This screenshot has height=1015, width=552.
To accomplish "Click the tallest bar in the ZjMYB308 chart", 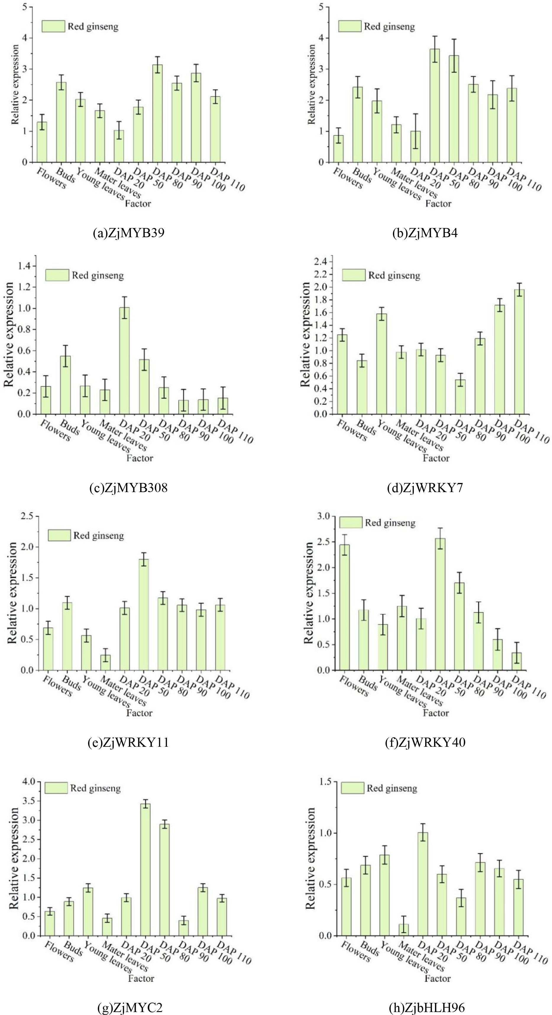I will [x=124, y=361].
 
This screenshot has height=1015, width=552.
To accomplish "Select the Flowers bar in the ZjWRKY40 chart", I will [x=345, y=607].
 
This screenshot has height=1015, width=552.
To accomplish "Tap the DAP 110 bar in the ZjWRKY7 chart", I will [x=519, y=352].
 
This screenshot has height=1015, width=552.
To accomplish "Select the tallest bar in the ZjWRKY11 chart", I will [x=144, y=615].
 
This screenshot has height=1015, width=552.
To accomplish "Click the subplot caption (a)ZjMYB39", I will [x=128, y=233].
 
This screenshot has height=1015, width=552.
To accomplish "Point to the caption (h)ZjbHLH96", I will [x=425, y=1007].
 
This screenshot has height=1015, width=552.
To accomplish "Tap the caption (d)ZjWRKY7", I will [x=425, y=488].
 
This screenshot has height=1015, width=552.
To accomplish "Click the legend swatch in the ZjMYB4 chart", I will [x=349, y=26].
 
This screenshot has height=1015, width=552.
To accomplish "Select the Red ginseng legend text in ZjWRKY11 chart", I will [x=98, y=536].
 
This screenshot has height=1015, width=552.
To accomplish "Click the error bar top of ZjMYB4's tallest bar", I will [x=435, y=36].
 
